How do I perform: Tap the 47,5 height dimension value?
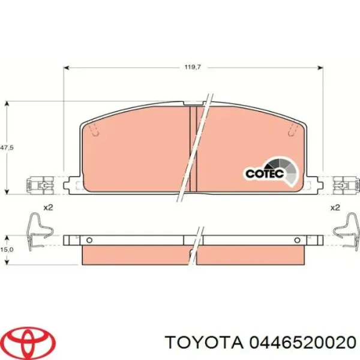(7, 148)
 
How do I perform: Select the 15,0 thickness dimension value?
(7, 250)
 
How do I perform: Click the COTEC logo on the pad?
(271, 172)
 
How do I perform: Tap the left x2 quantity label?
(48, 208)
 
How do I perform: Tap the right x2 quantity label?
(335, 208)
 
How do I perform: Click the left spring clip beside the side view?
(39, 232)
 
